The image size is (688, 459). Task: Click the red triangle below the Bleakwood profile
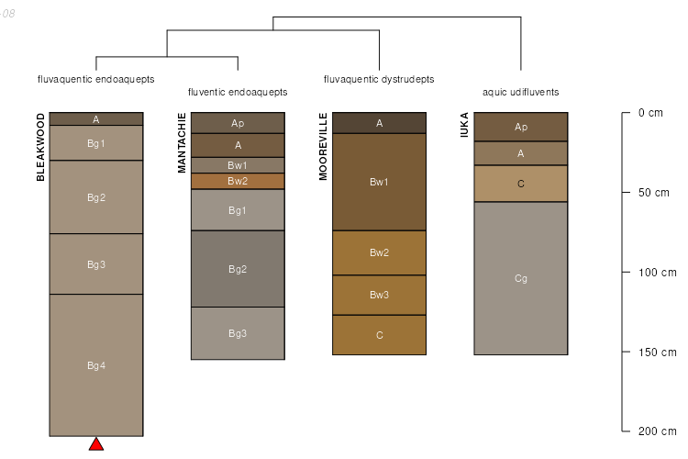click(x=96, y=444)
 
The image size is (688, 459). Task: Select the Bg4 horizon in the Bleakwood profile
click(x=96, y=365)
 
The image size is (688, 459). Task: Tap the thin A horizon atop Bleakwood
click(x=96, y=118)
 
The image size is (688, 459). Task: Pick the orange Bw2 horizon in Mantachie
click(x=238, y=181)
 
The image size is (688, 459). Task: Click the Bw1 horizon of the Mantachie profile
click(x=238, y=165)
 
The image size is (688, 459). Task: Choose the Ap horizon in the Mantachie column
click(x=238, y=123)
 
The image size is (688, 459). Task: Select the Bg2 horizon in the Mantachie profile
click(x=238, y=269)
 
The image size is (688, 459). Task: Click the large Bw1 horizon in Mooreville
click(x=379, y=182)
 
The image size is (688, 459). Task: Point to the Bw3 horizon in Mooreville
click(x=379, y=295)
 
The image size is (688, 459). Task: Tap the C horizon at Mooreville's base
click(x=379, y=335)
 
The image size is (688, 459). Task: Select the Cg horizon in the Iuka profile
click(x=521, y=278)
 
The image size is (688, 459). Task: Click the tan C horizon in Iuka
click(x=521, y=184)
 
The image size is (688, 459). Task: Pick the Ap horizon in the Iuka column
click(x=521, y=127)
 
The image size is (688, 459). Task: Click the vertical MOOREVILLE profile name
click(x=323, y=147)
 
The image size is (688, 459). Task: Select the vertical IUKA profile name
click(x=465, y=126)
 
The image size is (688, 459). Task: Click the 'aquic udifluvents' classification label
click(x=521, y=93)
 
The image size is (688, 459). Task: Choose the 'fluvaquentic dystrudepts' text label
click(x=379, y=79)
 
